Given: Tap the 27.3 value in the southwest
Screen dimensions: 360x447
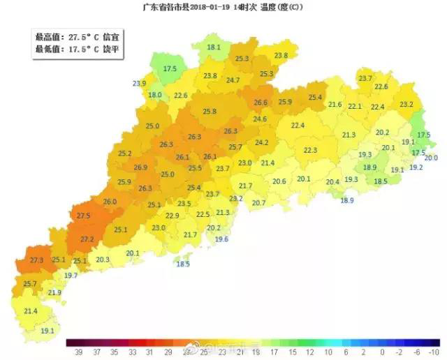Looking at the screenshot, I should pyautogui.click(x=37, y=260).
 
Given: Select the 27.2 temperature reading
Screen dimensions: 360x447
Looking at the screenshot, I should pyautogui.click(x=87, y=239).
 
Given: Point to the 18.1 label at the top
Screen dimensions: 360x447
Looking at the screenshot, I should pyautogui.click(x=214, y=47).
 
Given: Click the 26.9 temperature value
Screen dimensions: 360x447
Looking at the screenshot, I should pyautogui.click(x=140, y=167).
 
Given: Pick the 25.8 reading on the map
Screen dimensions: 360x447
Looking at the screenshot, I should pyautogui.click(x=210, y=112).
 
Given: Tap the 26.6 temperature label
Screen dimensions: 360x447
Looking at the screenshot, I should pyautogui.click(x=261, y=103).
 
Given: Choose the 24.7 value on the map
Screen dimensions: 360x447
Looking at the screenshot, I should pyautogui.click(x=233, y=80).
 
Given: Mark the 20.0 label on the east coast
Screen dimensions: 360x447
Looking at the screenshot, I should pyautogui.click(x=431, y=158).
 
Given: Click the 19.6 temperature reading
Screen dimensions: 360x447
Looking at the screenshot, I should pyautogui.click(x=221, y=239).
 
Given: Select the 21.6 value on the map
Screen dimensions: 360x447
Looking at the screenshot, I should pyautogui.click(x=335, y=105).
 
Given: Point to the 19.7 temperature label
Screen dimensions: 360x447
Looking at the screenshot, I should pyautogui.click(x=71, y=276).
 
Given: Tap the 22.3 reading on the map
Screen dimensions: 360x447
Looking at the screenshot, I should pyautogui.click(x=310, y=150).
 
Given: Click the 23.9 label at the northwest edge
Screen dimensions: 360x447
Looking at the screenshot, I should pyautogui.click(x=139, y=84).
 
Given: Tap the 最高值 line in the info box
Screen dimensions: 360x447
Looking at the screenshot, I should pyautogui.click(x=76, y=36).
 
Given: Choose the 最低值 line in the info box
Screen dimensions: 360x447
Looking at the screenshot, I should pyautogui.click(x=76, y=49).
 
